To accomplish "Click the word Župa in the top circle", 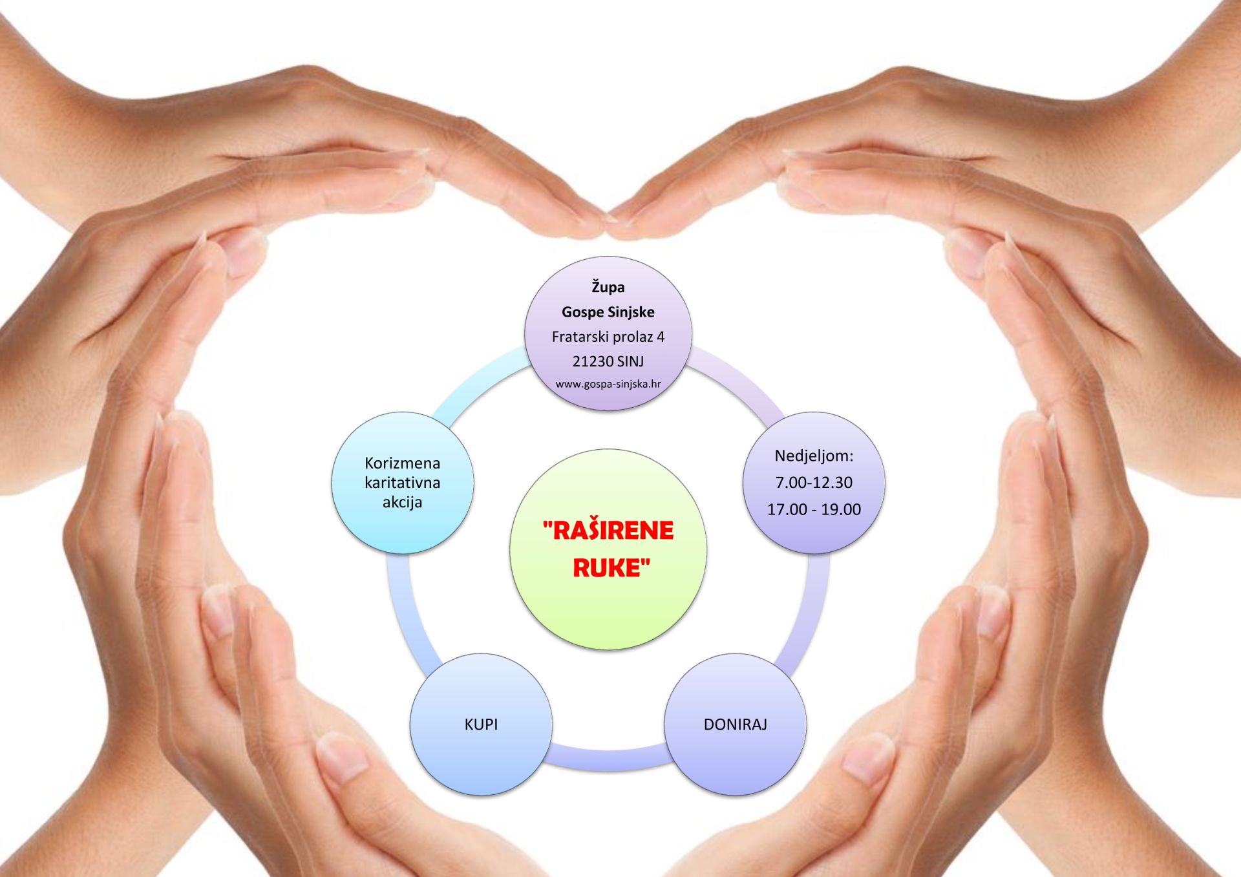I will point(608,287).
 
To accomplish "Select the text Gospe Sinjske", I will point(608,312).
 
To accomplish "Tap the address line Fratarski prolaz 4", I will point(608,337).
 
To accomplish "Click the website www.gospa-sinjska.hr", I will point(608,384).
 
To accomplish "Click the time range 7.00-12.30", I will point(814,482).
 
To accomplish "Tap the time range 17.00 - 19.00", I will point(814,509).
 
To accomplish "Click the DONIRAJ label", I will point(735,724).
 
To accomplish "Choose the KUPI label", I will point(481,724).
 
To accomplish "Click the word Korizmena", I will point(402,463).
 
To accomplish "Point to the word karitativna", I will point(402,483).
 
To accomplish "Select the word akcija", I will point(402,502).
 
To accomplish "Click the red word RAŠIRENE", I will point(608,531).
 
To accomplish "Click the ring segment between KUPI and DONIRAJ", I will point(608,757).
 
